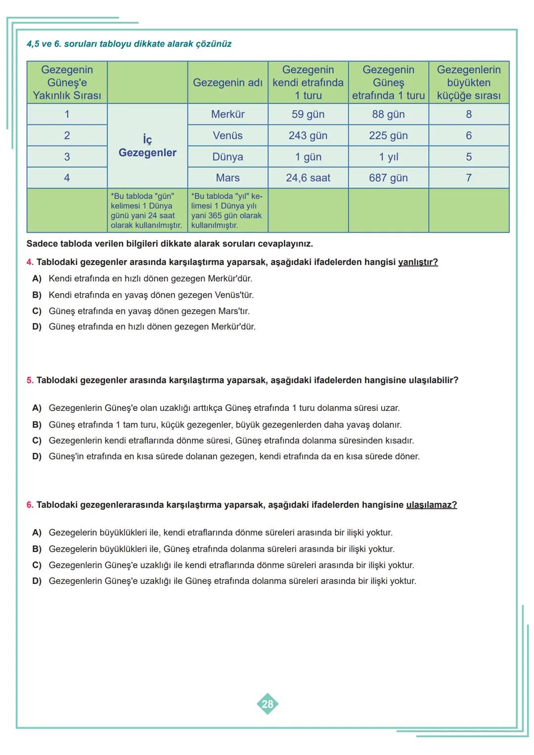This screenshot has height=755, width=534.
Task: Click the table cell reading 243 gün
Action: pos(308,135)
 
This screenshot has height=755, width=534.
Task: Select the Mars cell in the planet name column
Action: pos(227,178)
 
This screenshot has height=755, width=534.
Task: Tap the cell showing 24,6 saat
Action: pos(308,178)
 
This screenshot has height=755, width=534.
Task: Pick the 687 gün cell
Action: pos(388,178)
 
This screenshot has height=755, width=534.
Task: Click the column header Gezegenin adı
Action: pos(227,83)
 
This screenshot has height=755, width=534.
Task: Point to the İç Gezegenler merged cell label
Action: pos(147,146)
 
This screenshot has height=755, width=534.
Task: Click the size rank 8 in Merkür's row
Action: pos(468,114)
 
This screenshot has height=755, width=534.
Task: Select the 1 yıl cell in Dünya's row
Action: pos(388,157)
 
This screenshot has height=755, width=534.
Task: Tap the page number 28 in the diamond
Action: pos(267,704)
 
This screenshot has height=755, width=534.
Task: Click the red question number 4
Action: pos(30,262)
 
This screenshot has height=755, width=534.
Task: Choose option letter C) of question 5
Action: pos(37,441)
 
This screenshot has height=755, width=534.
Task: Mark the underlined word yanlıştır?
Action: pos(418,262)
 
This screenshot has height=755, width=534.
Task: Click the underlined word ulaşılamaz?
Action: pos(431,505)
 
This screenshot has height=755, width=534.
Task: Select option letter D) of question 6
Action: pos(37,581)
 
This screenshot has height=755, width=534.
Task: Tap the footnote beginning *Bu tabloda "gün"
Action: pos(147,211)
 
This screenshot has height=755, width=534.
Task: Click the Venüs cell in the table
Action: pos(227,135)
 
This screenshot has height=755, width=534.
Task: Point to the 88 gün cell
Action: pos(388,114)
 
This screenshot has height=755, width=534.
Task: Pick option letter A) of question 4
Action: pos(37,279)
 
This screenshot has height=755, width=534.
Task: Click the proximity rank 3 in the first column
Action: pos(67,157)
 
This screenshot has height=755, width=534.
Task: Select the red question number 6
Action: pos(30,505)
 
